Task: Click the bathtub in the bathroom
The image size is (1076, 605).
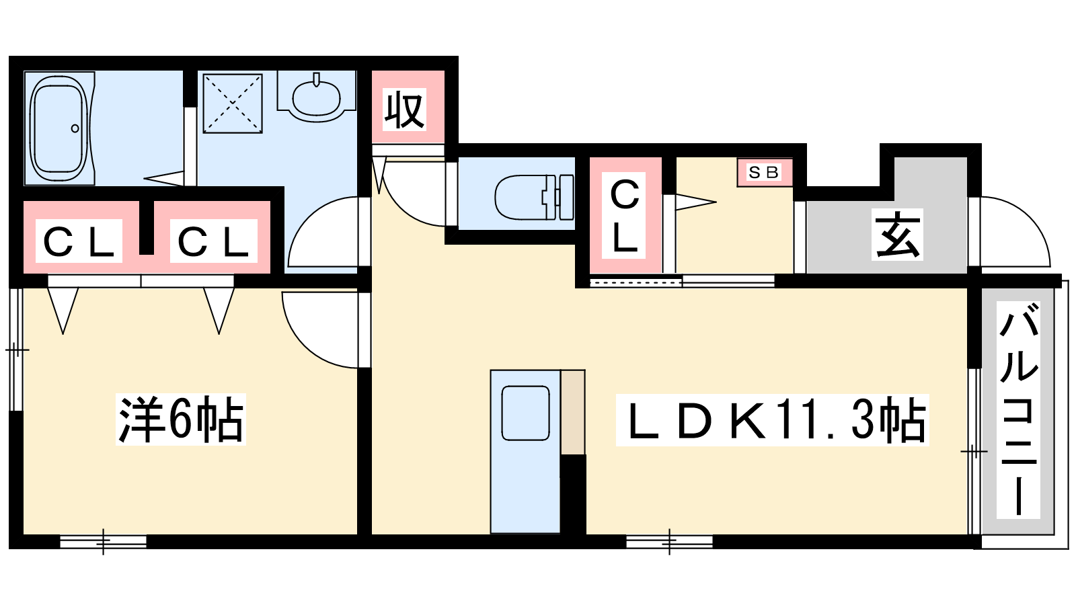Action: point(60,128)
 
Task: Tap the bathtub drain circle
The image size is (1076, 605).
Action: point(75,128)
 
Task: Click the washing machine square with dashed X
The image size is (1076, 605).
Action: point(233,104)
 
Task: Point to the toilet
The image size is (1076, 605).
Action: point(534,198)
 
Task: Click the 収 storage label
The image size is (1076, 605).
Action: point(404,110)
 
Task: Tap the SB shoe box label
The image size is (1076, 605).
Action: point(764,172)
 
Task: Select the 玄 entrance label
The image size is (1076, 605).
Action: point(897,235)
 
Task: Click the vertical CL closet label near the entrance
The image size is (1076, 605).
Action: point(624,216)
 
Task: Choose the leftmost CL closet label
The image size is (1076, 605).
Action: point(79,241)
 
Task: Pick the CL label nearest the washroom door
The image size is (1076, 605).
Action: point(213,241)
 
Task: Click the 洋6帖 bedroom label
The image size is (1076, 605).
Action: point(181,419)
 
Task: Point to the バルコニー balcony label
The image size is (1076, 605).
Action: point(1018,410)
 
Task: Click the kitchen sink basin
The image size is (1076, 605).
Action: point(525,413)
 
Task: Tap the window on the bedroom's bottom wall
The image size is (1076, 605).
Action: point(104,542)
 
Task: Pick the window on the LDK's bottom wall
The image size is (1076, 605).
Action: point(670,542)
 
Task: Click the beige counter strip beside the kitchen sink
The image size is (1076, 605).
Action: point(572,412)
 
